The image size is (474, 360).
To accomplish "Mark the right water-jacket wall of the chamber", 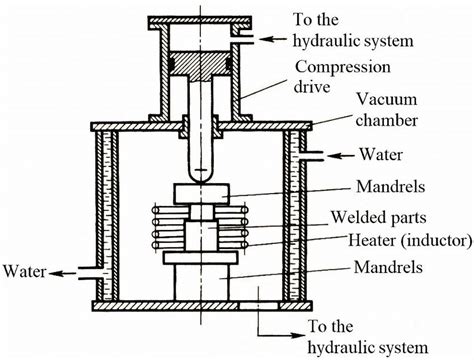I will (x=297, y=215).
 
